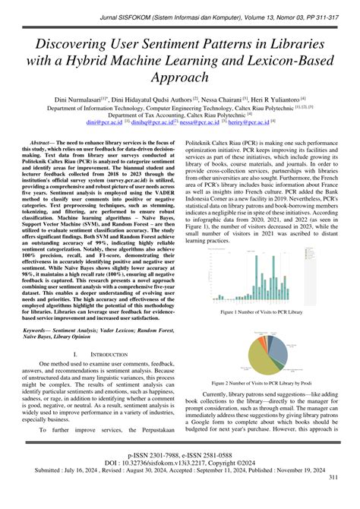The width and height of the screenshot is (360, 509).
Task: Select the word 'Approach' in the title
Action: (x=180, y=77)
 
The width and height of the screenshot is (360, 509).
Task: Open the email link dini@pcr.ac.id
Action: (x=103, y=122)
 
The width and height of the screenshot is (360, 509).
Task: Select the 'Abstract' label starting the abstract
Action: (x=43, y=143)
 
